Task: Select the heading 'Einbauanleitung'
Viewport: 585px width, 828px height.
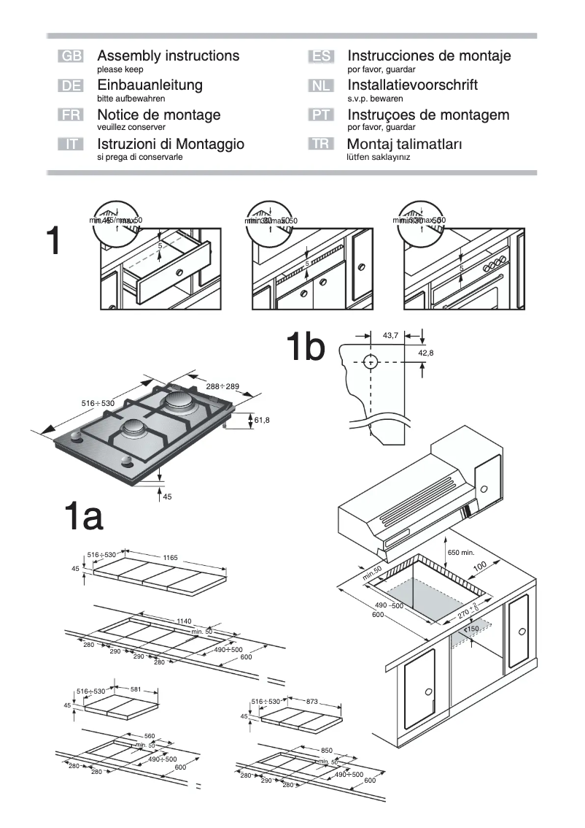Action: click(150, 85)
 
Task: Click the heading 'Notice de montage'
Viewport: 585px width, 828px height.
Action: click(158, 115)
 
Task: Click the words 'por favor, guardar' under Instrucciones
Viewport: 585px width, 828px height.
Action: click(381, 69)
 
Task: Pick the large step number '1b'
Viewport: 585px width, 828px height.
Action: click(305, 348)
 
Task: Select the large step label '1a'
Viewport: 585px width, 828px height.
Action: click(84, 518)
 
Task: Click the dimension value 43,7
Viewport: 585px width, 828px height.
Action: click(390, 335)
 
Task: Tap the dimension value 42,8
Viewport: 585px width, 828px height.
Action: click(425, 353)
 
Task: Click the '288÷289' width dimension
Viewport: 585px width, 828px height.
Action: click(222, 386)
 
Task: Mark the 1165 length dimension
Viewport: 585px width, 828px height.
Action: click(170, 557)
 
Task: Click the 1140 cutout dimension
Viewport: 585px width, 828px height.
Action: click(184, 621)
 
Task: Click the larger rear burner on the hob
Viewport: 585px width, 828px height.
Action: click(178, 401)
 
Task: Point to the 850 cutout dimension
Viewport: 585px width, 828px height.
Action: click(327, 750)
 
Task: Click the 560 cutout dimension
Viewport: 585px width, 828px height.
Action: click(149, 736)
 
